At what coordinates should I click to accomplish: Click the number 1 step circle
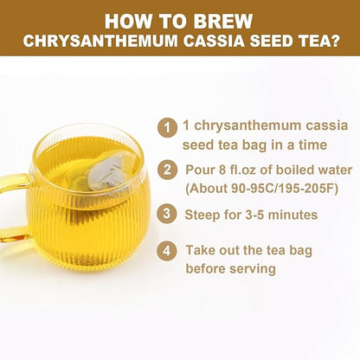(x=165, y=126)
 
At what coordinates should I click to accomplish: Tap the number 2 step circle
(x=165, y=170)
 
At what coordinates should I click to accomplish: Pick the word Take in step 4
(x=202, y=250)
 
